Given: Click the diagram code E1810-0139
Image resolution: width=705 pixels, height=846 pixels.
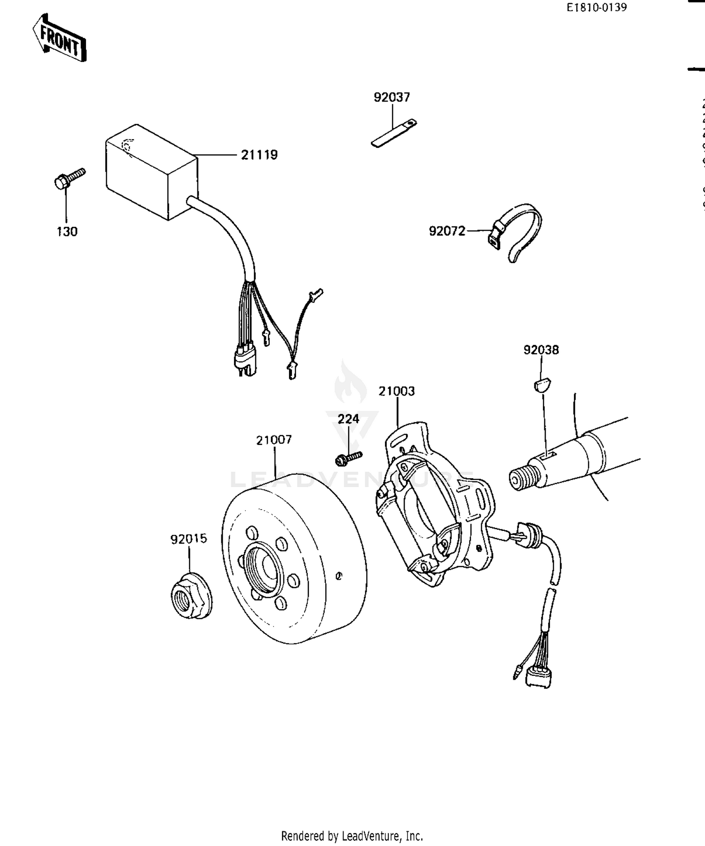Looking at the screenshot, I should pos(596,8).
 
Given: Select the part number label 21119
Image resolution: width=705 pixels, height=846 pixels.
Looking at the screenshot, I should pos(259,155).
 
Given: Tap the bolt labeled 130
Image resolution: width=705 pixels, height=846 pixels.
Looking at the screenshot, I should pos(68,179).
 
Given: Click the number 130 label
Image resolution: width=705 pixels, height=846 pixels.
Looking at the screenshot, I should pos(67,232).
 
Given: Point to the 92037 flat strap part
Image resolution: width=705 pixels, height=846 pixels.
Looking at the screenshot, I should pos(394,133).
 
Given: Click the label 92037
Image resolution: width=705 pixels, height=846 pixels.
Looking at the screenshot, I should pos(392,97).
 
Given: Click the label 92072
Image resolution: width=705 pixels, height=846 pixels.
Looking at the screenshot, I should pos(446,231).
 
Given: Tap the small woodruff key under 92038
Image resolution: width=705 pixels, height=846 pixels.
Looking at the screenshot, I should pos(543,385).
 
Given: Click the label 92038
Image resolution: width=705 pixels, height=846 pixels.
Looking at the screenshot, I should pos(541,350).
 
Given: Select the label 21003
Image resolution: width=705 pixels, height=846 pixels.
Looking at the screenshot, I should pos(397,391).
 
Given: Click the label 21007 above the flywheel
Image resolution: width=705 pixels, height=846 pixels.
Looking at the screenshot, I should pos(274,440).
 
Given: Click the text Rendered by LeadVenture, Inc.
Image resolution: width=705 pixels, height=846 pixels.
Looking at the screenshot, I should pos(352,836).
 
